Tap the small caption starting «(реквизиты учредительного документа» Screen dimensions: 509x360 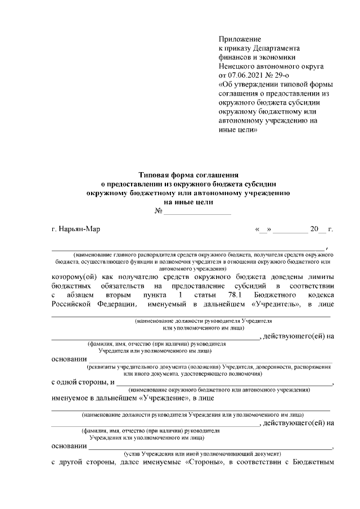click(x=211, y=366)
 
